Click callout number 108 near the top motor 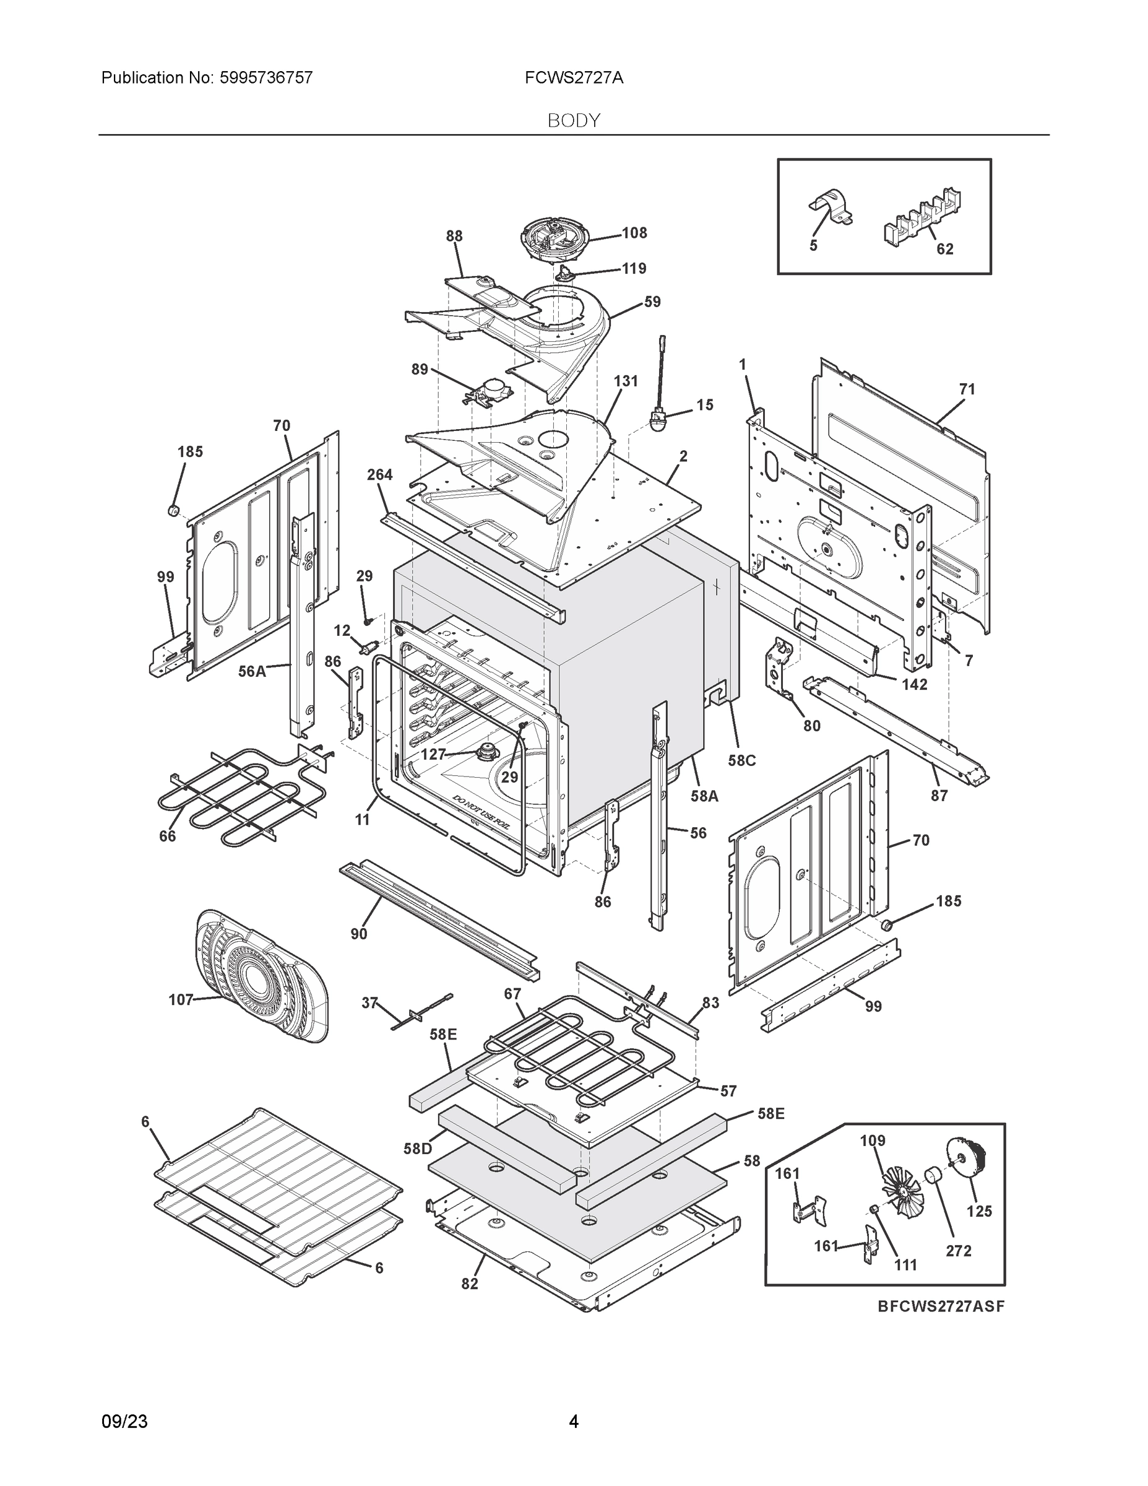click(634, 233)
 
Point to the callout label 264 click(379, 475)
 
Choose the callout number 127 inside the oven click(433, 754)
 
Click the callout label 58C click(742, 761)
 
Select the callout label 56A click(252, 672)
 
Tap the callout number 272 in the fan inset click(958, 1251)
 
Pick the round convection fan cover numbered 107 click(262, 975)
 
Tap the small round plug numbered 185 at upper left click(173, 510)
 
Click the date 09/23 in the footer click(124, 1422)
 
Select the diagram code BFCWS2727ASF click(941, 1306)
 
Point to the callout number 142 click(915, 684)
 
